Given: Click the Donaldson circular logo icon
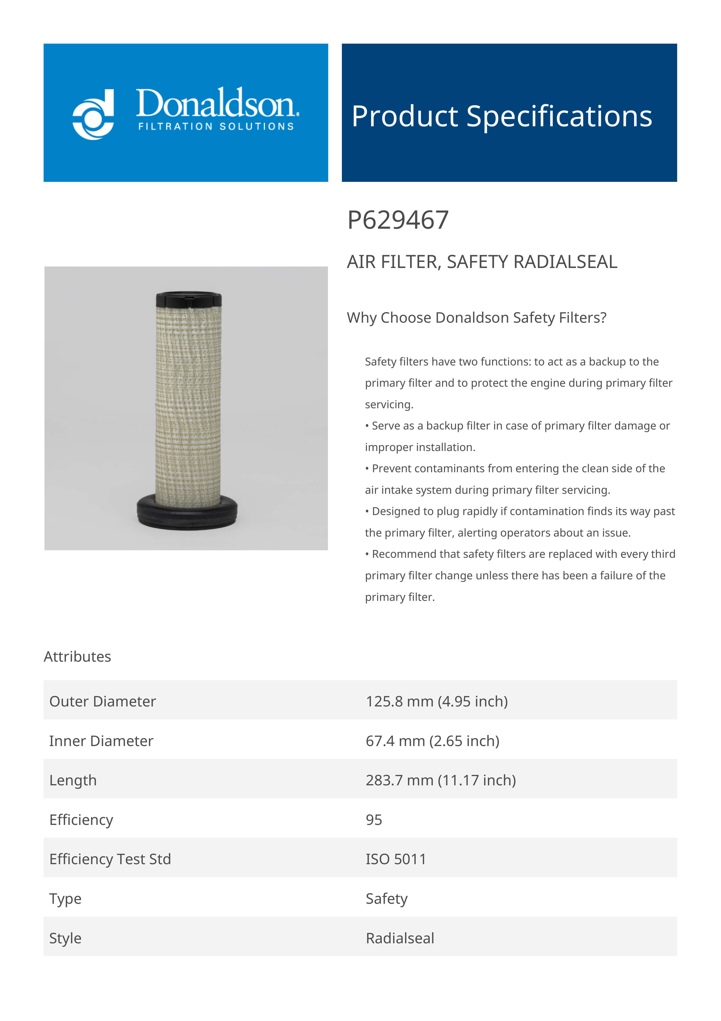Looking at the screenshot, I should (x=93, y=115).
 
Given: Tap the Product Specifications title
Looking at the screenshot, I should (x=502, y=116).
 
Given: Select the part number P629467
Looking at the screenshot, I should (x=398, y=220).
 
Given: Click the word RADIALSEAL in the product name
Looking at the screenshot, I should (x=565, y=262).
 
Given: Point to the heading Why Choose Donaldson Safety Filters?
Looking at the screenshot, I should (x=476, y=317).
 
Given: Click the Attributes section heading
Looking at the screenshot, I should (x=77, y=656).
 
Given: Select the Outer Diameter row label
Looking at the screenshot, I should (x=103, y=701).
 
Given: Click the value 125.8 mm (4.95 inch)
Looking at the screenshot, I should (x=436, y=701).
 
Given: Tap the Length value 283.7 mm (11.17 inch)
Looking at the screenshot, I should (x=441, y=780).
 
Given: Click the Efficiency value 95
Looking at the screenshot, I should (x=374, y=820).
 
